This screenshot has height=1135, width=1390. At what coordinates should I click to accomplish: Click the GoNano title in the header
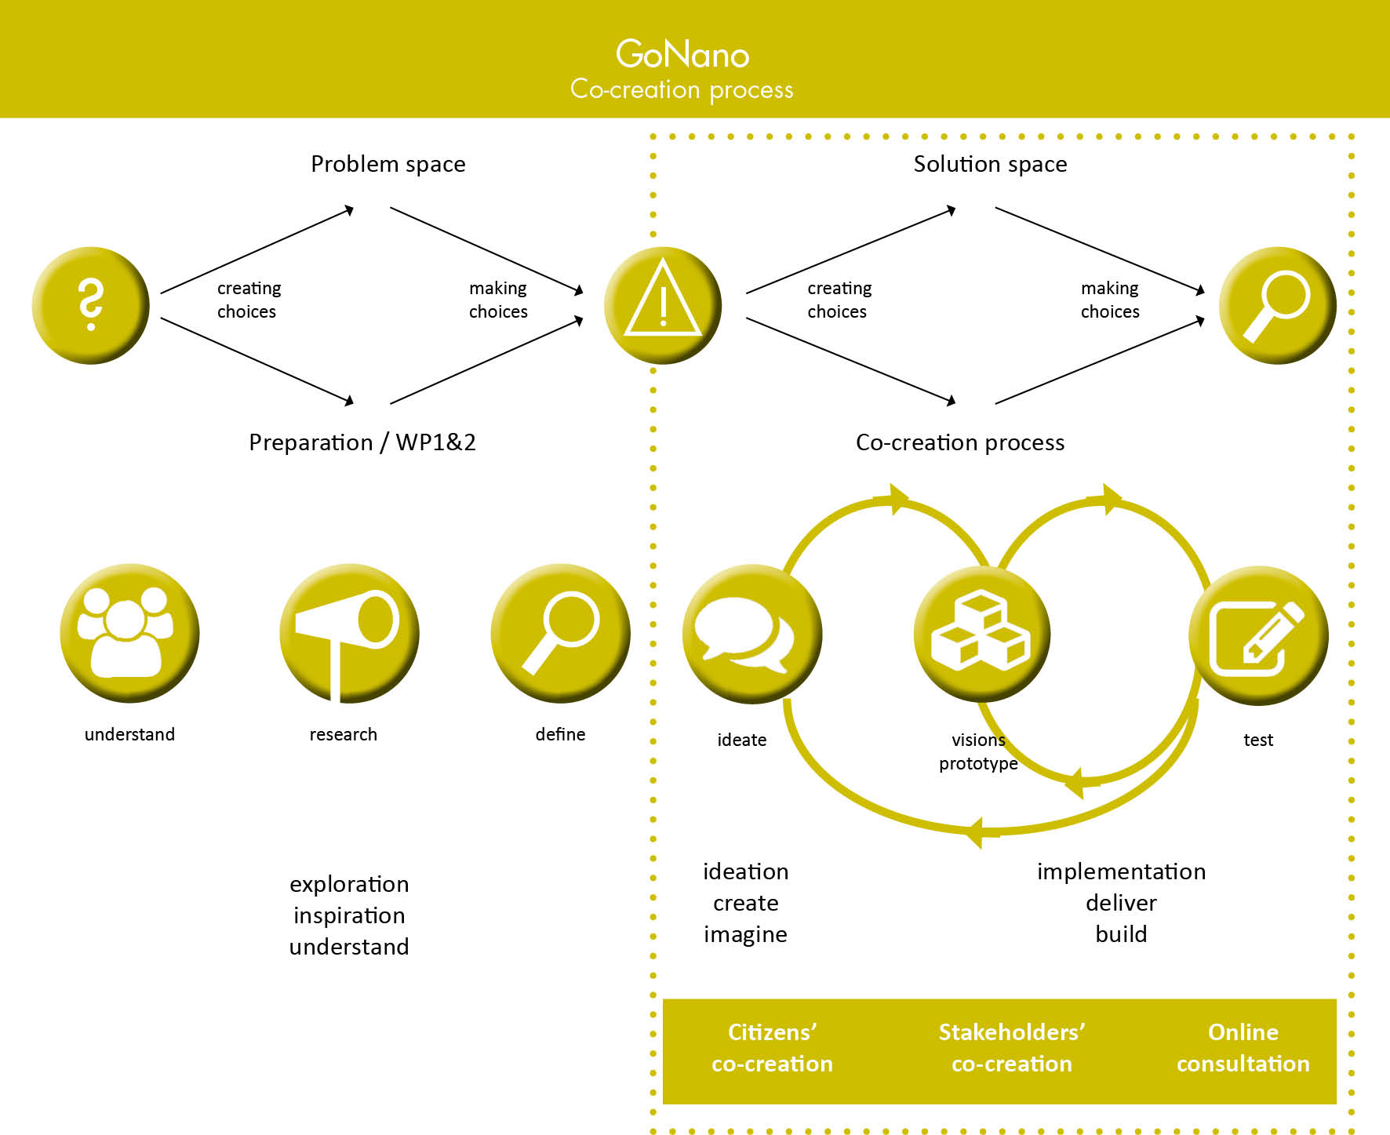point(682,54)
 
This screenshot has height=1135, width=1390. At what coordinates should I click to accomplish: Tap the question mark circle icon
point(91,305)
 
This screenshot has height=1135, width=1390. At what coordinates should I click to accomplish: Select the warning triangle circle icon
point(663,305)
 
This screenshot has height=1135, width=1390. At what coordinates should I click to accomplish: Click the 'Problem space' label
point(388,164)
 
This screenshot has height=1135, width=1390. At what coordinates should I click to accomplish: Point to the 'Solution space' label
point(990,164)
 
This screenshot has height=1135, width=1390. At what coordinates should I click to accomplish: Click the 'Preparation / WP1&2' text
point(362,442)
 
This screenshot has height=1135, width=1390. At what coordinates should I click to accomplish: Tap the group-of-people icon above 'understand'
point(129,633)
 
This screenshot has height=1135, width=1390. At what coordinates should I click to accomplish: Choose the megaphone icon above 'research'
point(349,633)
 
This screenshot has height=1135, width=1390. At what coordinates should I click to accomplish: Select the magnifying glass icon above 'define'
point(560,633)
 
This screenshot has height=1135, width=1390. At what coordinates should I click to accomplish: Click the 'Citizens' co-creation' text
point(772,1048)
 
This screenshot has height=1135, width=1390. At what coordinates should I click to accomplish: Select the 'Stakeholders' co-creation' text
point(1012,1048)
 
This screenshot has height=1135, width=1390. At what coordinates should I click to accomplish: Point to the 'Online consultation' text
point(1243,1048)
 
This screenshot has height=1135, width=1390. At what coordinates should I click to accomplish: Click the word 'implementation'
point(1121,871)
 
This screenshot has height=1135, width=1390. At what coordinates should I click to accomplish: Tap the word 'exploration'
point(349,884)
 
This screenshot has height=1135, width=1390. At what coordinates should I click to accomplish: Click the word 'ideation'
point(745,871)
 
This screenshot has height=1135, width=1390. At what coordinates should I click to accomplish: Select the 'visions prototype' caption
point(978,751)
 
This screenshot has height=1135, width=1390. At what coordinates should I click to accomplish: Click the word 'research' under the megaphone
point(343,734)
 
